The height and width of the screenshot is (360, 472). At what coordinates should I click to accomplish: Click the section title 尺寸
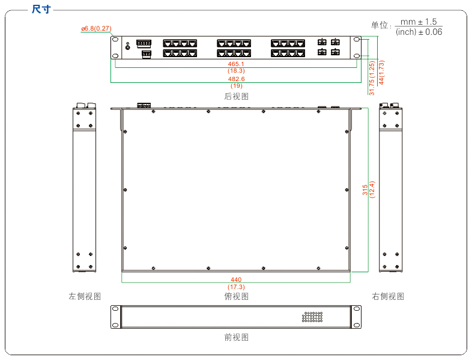[x=41, y=9]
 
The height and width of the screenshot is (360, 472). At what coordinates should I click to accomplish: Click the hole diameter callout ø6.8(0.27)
[x=96, y=28]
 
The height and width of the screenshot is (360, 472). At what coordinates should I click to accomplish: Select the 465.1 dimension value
[x=236, y=64]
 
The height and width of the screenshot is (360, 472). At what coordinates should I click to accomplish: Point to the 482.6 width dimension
[x=236, y=79]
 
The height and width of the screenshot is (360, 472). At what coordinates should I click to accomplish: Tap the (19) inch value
[x=236, y=86]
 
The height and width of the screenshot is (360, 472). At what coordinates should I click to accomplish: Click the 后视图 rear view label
[x=236, y=96]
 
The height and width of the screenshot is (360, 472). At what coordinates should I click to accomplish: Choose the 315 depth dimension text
[x=365, y=190]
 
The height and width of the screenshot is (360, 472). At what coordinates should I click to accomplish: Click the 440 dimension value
[x=236, y=280]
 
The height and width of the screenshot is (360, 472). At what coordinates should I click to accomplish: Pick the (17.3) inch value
[x=236, y=287]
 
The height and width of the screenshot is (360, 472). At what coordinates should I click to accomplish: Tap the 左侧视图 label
[x=85, y=296]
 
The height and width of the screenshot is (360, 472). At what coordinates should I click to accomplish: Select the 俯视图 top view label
[x=236, y=296]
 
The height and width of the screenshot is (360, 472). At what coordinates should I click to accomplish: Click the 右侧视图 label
[x=388, y=296]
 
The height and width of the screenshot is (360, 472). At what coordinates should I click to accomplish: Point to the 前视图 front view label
[x=236, y=337]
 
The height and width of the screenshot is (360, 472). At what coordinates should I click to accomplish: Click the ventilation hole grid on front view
[x=312, y=316]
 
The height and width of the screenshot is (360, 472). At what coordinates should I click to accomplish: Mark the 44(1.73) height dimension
[x=381, y=72]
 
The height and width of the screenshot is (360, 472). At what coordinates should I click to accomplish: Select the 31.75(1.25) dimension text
[x=372, y=78]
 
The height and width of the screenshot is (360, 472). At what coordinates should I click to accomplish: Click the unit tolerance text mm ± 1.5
[x=419, y=22]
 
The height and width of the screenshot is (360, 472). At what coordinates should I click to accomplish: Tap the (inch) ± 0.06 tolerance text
[x=419, y=32]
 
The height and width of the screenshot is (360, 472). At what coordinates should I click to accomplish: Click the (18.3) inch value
[x=236, y=71]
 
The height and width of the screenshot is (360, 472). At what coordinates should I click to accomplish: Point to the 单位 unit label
[x=380, y=25]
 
